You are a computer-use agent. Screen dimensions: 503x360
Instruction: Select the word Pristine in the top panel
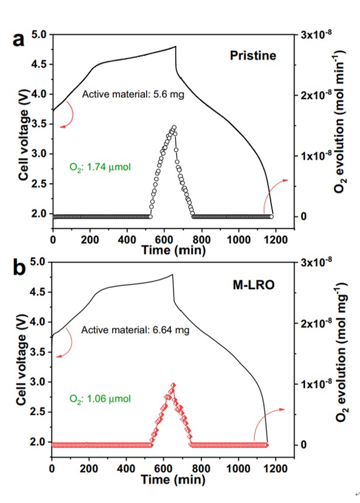(x=252, y=56)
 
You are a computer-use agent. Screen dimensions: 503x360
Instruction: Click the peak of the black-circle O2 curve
(x=174, y=127)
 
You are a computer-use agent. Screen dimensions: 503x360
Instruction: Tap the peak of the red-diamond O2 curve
(x=173, y=385)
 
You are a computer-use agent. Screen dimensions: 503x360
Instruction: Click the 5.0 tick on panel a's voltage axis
(x=37, y=35)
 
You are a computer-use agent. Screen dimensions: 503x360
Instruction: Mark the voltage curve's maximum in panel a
(x=175, y=46)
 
